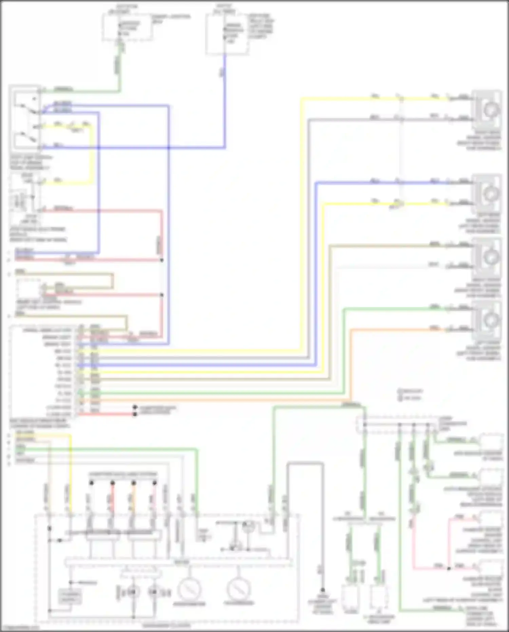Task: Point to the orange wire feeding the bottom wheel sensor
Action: click(x=390, y=329)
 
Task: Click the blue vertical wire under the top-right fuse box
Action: click(x=224, y=102)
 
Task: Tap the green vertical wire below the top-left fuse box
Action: click(x=119, y=68)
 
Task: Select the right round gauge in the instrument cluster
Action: click(x=239, y=590)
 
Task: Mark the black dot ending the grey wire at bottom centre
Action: click(x=322, y=590)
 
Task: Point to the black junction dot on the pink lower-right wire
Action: click(x=449, y=568)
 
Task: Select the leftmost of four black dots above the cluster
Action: click(x=91, y=483)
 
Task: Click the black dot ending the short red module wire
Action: click(x=135, y=414)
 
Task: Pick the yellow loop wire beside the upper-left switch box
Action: click(x=91, y=153)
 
